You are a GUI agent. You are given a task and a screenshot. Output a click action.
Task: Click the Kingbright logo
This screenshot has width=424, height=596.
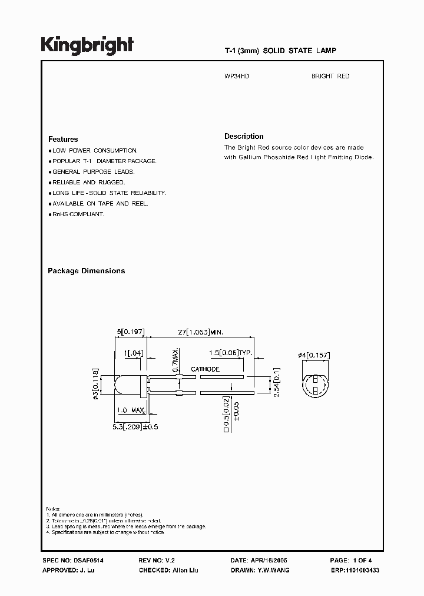(x=87, y=45)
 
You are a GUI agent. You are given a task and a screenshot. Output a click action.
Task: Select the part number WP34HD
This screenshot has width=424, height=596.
(x=237, y=77)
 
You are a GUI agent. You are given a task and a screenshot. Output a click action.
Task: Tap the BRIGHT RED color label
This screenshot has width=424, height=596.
(x=330, y=77)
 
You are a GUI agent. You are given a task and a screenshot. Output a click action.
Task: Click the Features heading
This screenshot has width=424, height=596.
(x=63, y=140)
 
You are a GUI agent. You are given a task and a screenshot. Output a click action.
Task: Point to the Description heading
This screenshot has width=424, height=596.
(x=244, y=136)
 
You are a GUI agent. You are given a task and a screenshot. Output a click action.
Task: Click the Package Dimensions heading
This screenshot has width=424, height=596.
(x=86, y=271)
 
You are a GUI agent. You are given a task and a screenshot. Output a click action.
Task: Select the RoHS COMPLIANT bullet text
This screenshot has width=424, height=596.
(x=78, y=214)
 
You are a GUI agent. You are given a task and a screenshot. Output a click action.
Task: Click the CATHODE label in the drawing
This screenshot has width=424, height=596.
(x=205, y=369)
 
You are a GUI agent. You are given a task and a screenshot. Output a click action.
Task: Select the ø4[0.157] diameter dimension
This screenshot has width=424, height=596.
(x=313, y=355)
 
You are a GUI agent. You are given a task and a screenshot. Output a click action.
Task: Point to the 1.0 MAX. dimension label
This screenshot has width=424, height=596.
(x=131, y=409)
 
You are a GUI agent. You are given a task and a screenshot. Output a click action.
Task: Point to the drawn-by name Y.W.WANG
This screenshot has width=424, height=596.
(x=273, y=571)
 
